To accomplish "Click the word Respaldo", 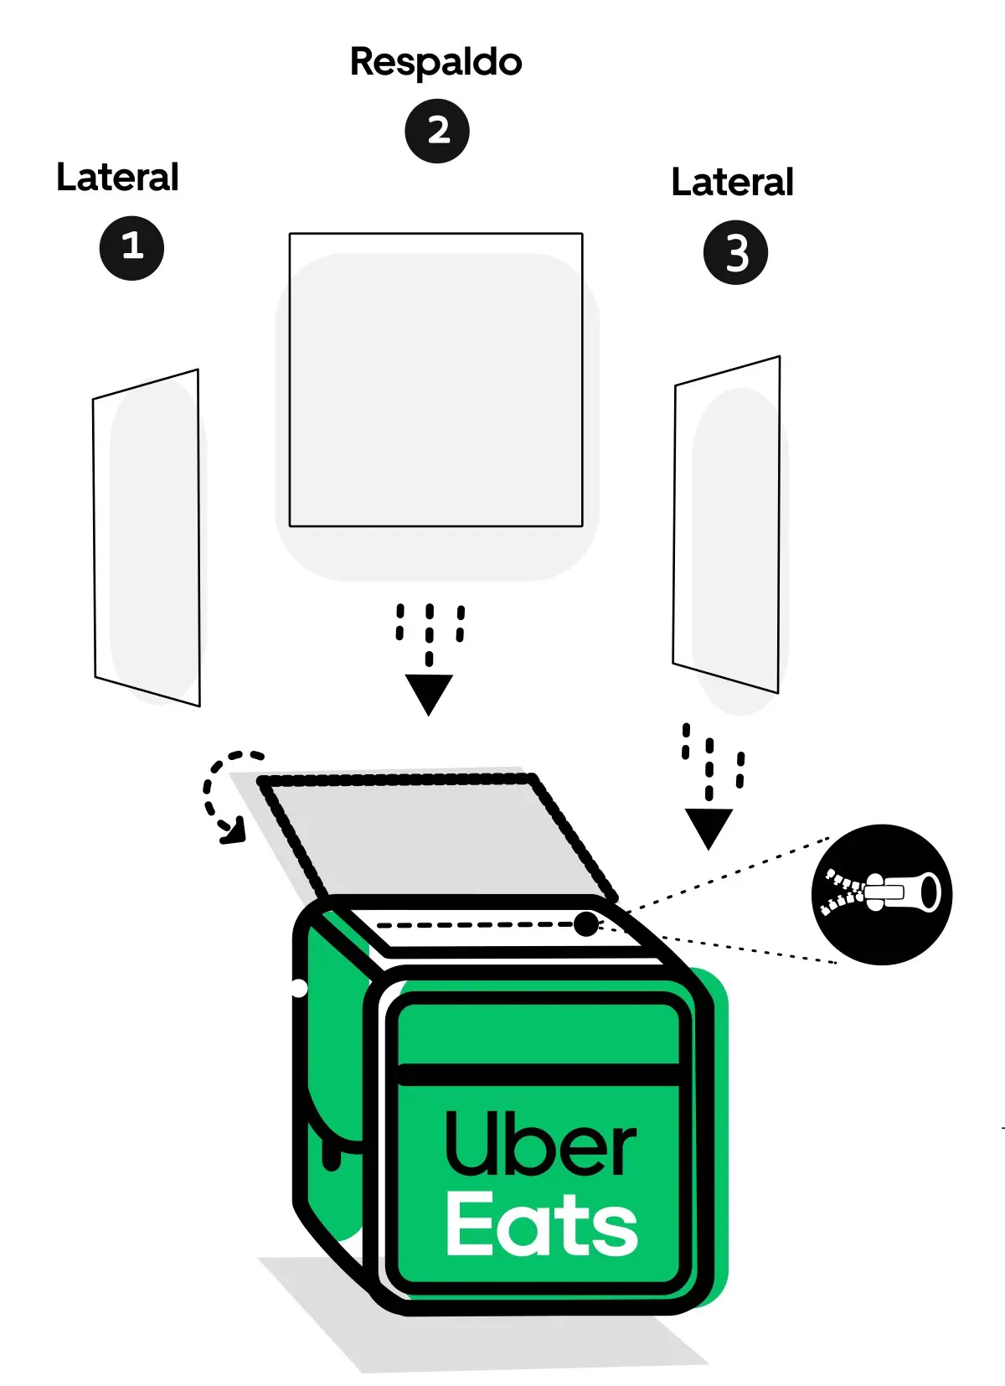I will (x=435, y=63).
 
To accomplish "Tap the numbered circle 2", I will (x=437, y=131).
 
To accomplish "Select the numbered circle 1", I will (x=131, y=247).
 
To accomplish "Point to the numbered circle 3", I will (x=735, y=252).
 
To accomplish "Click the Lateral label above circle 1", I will (x=117, y=178).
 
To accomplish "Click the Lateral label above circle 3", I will (x=732, y=183).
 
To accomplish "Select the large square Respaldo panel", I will (x=435, y=380).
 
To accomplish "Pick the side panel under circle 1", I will (x=147, y=536).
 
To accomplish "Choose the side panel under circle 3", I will (x=727, y=524).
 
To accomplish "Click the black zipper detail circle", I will (x=882, y=894).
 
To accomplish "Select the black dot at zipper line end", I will (x=586, y=924).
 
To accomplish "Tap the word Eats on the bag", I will (x=542, y=1224).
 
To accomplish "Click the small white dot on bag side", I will (x=299, y=988).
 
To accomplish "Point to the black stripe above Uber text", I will (x=538, y=1074).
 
